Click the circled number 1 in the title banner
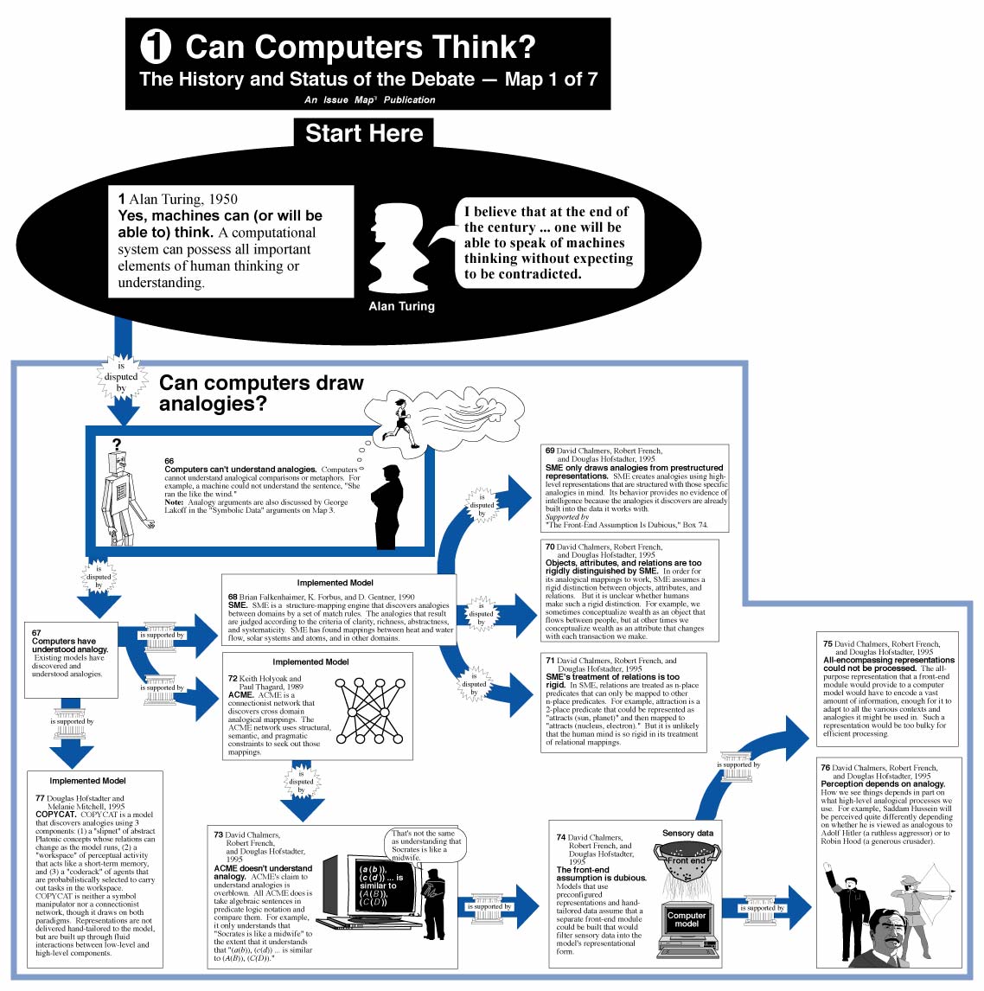(x=156, y=47)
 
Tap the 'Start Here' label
(x=364, y=133)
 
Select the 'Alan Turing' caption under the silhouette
(x=401, y=306)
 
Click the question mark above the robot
(x=117, y=445)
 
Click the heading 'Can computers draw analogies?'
(x=261, y=393)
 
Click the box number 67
(x=36, y=633)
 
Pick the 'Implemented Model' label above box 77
(x=87, y=781)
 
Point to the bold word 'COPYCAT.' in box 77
(x=56, y=815)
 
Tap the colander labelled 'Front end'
(x=687, y=868)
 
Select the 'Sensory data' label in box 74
(x=687, y=833)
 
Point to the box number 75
(x=827, y=644)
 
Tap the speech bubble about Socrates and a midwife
(x=426, y=845)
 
